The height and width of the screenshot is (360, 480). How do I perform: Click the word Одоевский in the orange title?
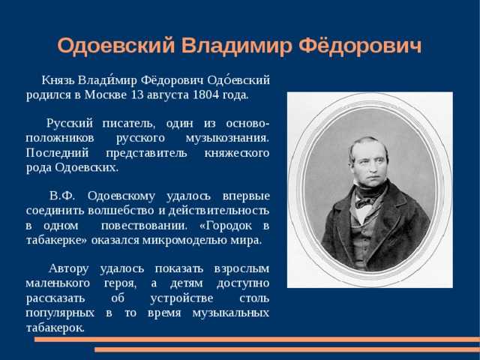pyautogui.click(x=116, y=46)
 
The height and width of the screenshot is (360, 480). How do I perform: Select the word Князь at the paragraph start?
pyautogui.click(x=58, y=80)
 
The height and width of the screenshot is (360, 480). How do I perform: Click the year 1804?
pyautogui.click(x=206, y=94)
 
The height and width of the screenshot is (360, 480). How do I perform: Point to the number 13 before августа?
pyautogui.click(x=137, y=94)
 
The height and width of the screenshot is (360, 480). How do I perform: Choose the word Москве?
pyautogui.click(x=105, y=94)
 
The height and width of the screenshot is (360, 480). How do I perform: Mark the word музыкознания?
pyautogui.click(x=227, y=138)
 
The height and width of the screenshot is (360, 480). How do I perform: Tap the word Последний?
pyautogui.click(x=57, y=153)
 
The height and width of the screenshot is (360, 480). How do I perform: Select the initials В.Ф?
pyautogui.click(x=62, y=196)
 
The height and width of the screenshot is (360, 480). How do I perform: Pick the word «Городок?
pyautogui.click(x=225, y=226)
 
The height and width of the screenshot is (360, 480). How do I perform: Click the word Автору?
pyautogui.click(x=68, y=269)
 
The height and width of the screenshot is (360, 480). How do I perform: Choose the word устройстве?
pyautogui.click(x=181, y=298)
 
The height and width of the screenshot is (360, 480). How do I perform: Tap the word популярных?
pyautogui.click(x=60, y=313)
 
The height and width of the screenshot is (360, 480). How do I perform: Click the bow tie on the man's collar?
pyautogui.click(x=365, y=202)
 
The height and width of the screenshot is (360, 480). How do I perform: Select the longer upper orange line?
pyautogui.click(x=257, y=339)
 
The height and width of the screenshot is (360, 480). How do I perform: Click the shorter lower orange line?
pyautogui.click(x=287, y=349)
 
